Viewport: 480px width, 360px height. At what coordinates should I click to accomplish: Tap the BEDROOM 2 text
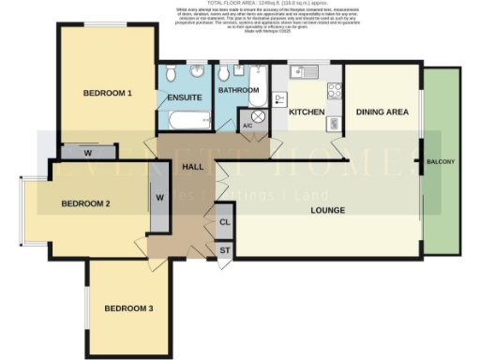[x=86, y=203]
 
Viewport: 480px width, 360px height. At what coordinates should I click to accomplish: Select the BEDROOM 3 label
[x=129, y=308]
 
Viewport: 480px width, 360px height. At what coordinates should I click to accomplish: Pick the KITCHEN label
[x=307, y=112]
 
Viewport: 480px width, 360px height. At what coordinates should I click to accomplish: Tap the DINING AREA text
[x=382, y=112]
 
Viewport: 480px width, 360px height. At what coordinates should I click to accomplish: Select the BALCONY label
[x=442, y=162]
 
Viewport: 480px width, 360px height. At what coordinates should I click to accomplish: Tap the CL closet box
[x=225, y=222]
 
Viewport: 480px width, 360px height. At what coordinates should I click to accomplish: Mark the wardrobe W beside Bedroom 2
[x=159, y=198]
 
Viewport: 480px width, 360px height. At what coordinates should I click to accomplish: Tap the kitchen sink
[x=307, y=72]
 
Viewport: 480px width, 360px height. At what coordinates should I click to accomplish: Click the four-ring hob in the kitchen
[x=333, y=91]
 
